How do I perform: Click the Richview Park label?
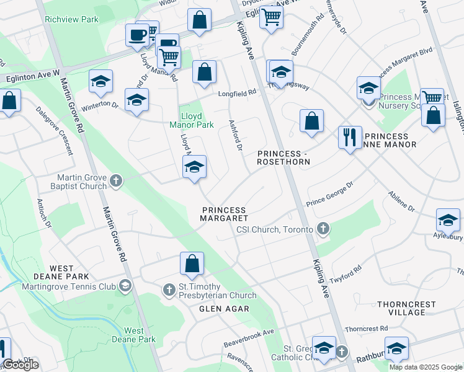pos(71,19)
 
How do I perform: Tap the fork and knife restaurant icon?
pos(350,136)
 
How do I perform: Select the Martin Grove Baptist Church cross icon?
pos(115,181)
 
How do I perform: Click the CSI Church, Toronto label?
pos(275,230)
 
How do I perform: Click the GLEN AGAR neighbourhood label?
pos(224,309)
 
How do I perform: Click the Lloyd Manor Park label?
pos(197,120)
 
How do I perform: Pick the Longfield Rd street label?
pos(236,94)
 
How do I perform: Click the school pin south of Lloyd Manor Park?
pos(194,167)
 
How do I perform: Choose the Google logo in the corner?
pos(20,365)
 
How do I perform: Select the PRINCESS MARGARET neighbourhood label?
pos(224,214)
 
